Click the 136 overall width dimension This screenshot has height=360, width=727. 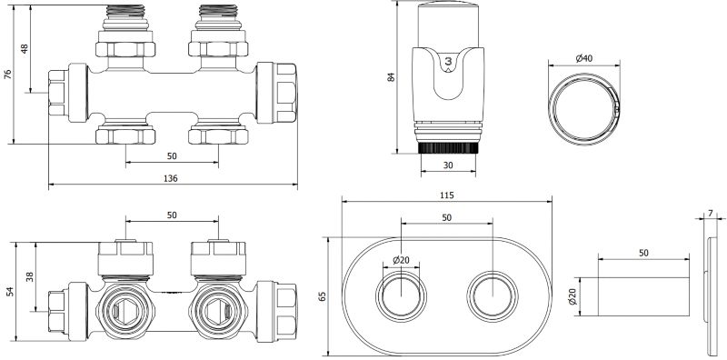click(x=171, y=178)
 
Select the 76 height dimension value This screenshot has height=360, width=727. click(x=8, y=75)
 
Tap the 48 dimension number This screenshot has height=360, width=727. click(x=25, y=49)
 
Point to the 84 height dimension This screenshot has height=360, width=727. click(x=392, y=77)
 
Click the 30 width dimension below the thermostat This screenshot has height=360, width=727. click(x=448, y=165)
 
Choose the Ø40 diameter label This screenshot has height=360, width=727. click(x=584, y=58)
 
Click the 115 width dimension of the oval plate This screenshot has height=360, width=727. click(x=446, y=195)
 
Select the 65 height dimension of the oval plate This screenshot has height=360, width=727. click(x=323, y=296)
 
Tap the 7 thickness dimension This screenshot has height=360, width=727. click(x=711, y=214)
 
